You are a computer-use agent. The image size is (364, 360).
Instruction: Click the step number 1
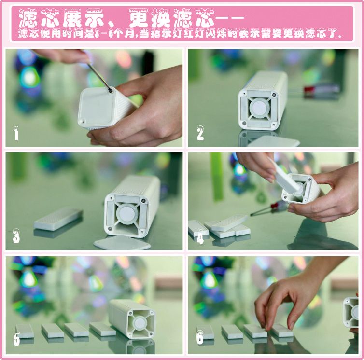tap(16, 134)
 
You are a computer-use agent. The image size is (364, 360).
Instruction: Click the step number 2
tap(200, 133)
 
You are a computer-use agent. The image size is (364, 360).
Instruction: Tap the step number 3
tap(16, 236)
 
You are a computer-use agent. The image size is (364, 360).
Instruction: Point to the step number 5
tap(16, 339)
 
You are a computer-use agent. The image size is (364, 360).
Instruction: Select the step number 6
tap(200, 337)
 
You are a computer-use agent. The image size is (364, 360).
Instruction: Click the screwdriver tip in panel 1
tap(111, 91)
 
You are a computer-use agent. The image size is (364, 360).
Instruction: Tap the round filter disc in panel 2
tap(259, 109)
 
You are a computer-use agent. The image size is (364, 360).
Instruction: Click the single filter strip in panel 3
tap(58, 219)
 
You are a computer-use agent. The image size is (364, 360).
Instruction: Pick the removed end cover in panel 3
tap(122, 243)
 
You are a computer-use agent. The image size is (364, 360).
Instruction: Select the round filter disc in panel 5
tap(140, 323)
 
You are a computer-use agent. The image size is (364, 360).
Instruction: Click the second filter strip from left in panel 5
tap(53, 331)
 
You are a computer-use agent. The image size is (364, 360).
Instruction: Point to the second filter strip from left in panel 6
tap(232, 331)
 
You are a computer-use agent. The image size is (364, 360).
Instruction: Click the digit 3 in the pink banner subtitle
tap(97, 34)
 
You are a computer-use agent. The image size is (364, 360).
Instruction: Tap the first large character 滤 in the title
tap(28, 18)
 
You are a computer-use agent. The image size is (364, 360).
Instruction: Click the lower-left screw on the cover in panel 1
tap(82, 121)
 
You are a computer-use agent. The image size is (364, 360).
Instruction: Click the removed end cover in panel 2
tap(273, 141)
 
